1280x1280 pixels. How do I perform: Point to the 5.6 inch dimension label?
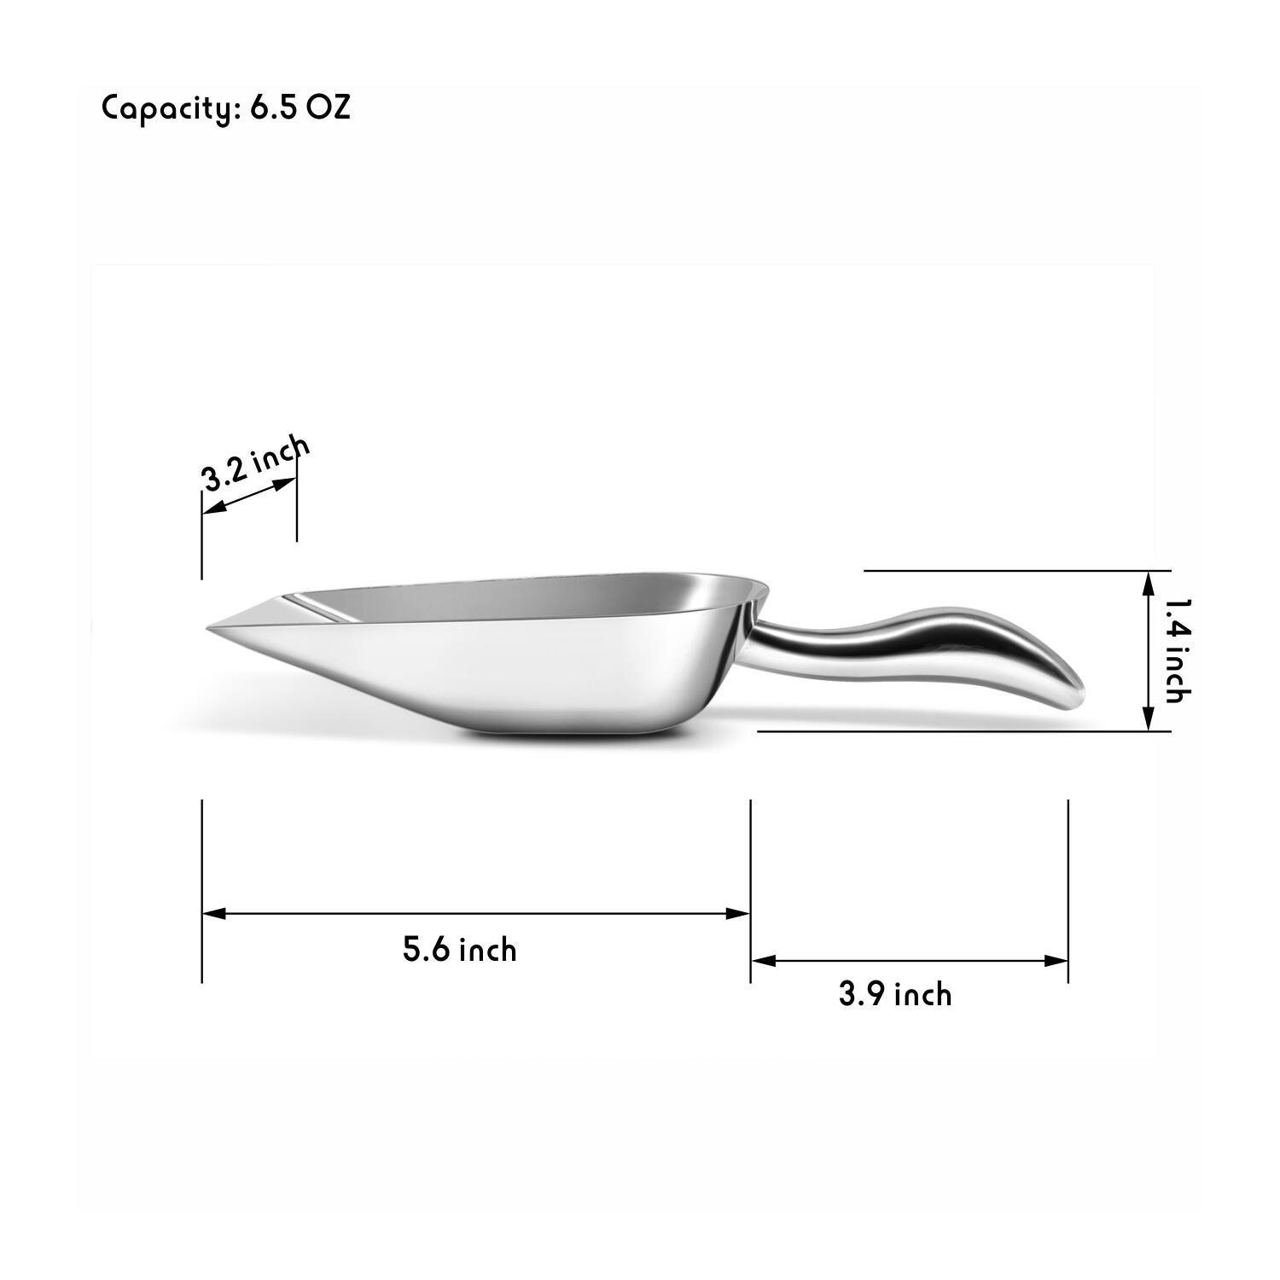(460, 949)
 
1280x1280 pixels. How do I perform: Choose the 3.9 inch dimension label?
(894, 994)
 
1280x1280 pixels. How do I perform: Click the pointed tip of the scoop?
(210, 629)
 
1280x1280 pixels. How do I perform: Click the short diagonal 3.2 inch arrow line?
(249, 496)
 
